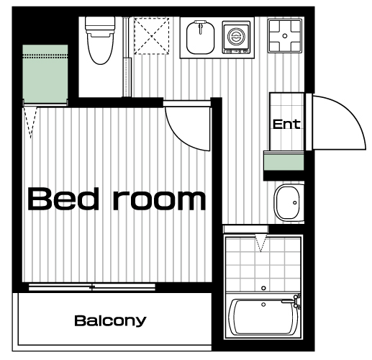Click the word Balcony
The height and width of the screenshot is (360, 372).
[x=110, y=321]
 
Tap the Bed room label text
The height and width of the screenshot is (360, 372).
[x=117, y=199]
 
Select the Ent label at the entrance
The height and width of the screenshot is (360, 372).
[x=286, y=124]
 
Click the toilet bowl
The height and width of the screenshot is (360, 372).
[x=100, y=48]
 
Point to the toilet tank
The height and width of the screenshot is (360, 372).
[x=100, y=24]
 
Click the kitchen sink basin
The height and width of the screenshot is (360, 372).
[x=200, y=37]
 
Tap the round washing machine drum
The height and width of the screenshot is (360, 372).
[x=236, y=37]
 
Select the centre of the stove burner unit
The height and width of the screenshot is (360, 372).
[x=285, y=36]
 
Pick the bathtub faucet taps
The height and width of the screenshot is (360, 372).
[x=297, y=301]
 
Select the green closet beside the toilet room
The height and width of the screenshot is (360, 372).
[x=45, y=74]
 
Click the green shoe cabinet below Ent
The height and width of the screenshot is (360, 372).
[x=283, y=163]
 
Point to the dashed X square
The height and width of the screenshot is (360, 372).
[x=152, y=36]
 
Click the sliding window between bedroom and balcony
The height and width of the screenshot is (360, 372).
[x=92, y=287]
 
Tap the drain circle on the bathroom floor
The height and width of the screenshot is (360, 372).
[x=263, y=288]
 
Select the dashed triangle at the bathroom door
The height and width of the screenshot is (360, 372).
[x=260, y=243]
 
